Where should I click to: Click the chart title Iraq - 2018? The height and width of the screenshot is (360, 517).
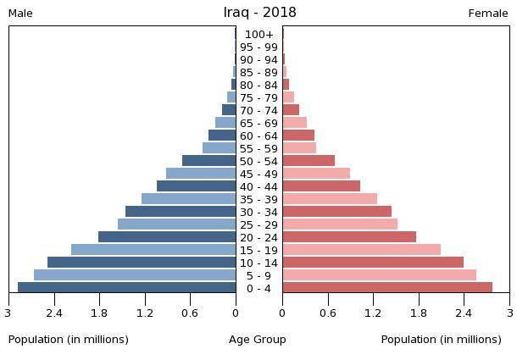pyautogui.click(x=259, y=13)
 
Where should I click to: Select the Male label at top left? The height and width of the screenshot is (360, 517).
pyautogui.click(x=20, y=14)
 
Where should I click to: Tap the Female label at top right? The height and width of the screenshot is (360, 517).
pyautogui.click(x=488, y=14)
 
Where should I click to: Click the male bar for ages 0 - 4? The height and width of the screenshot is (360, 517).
pyautogui.click(x=127, y=288)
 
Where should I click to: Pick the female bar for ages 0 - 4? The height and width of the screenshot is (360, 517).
pyautogui.click(x=387, y=288)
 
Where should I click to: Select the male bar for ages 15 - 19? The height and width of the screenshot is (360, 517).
pyautogui.click(x=153, y=250)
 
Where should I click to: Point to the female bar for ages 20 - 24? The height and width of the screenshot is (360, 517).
pyautogui.click(x=349, y=237)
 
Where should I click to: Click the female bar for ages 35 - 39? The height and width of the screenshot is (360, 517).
pyautogui.click(x=330, y=199)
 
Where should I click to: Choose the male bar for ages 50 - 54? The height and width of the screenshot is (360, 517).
pyautogui.click(x=209, y=161)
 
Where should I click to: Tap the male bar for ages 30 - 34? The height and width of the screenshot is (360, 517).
pyautogui.click(x=181, y=212)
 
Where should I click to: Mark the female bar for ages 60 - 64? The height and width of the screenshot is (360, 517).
pyautogui.click(x=298, y=136)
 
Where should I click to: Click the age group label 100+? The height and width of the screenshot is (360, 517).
pyautogui.click(x=258, y=35)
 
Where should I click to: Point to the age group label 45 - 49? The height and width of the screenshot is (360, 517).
pyautogui.click(x=258, y=174)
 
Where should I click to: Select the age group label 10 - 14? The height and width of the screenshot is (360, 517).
pyautogui.click(x=258, y=263)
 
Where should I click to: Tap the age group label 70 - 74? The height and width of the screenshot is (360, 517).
pyautogui.click(x=258, y=111)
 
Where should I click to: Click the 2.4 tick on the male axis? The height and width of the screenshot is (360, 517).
pyautogui.click(x=54, y=313)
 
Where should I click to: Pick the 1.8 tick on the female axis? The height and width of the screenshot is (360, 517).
pyautogui.click(x=419, y=313)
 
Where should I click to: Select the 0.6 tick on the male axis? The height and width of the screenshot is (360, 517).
pyautogui.click(x=190, y=313)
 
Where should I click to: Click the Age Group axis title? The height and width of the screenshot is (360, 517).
pyautogui.click(x=258, y=340)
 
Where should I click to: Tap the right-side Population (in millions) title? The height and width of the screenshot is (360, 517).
pyautogui.click(x=441, y=340)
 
